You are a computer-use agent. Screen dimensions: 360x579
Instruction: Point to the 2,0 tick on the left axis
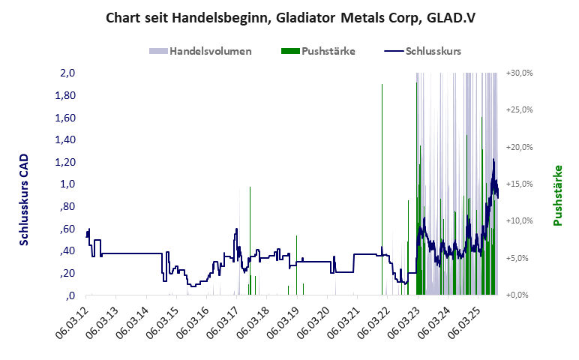67,73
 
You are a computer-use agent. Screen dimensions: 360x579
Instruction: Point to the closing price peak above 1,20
493,160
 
